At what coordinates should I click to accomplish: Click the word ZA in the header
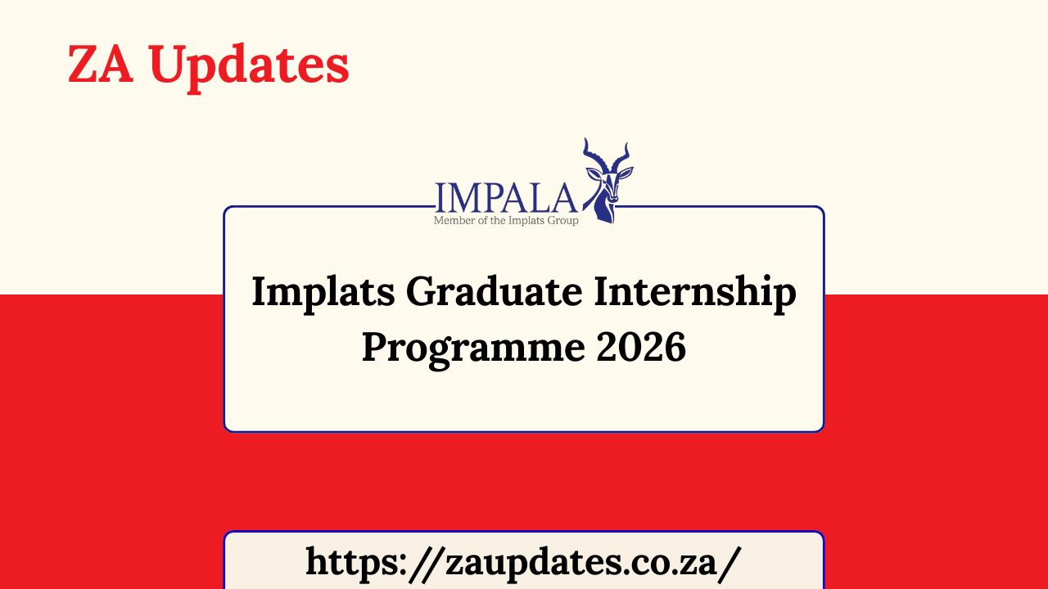(100, 65)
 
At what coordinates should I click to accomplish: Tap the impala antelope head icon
(607, 182)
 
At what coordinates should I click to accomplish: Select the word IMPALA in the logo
(506, 197)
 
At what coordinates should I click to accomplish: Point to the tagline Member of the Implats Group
(506, 220)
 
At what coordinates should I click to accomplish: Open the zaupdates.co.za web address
(523, 562)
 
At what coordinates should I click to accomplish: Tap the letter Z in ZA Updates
(83, 65)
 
